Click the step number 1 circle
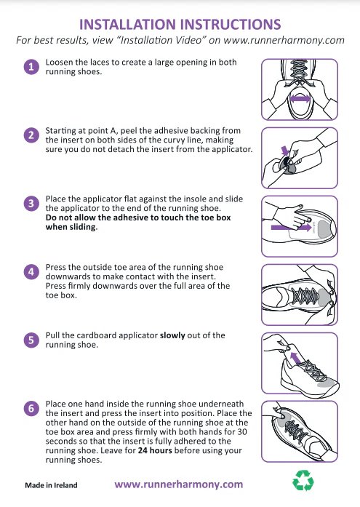pyautogui.click(x=31, y=67)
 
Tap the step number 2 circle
pyautogui.click(x=31, y=135)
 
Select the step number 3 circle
pyautogui.click(x=31, y=204)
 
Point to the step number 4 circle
pyautogui.click(x=31, y=272)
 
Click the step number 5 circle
pyautogui.click(x=31, y=340)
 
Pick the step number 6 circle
pyautogui.click(x=31, y=409)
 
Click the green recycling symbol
pyautogui.click(x=303, y=480)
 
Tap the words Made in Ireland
pyautogui.click(x=51, y=485)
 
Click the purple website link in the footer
pyautogui.click(x=179, y=484)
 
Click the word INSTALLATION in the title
pyautogui.click(x=128, y=25)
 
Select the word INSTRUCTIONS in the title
pyautogui.click(x=231, y=25)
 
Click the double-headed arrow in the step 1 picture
pyautogui.click(x=300, y=98)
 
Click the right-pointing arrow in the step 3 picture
pyautogui.click(x=291, y=227)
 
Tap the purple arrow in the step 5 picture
pyautogui.click(x=295, y=359)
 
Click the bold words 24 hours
pyautogui.click(x=155, y=450)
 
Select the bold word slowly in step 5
pyautogui.click(x=172, y=335)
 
